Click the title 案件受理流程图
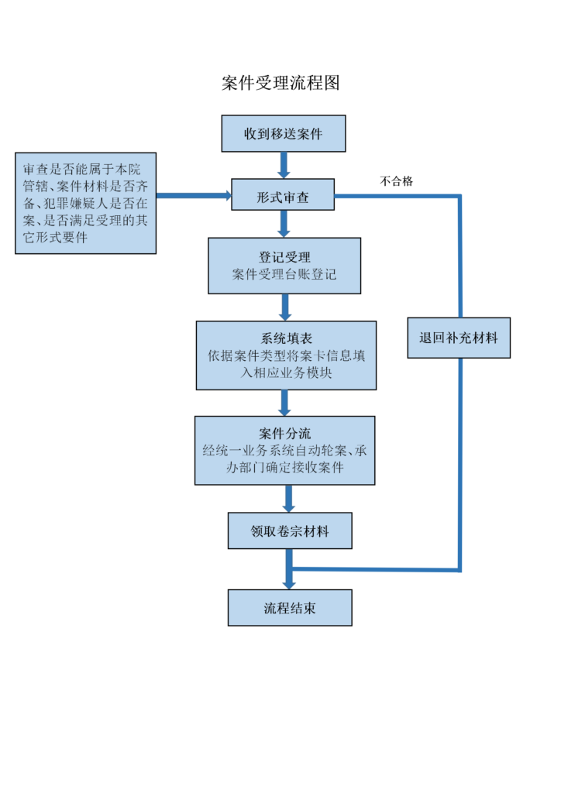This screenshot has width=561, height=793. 280,83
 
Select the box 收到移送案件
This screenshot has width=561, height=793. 284,133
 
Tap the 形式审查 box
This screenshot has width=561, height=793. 283,194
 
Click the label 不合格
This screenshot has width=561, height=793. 397,181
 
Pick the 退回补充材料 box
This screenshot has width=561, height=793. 459,338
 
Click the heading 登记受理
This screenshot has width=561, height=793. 285,257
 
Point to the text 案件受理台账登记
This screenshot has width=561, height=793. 284,274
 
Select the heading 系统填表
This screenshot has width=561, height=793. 287,338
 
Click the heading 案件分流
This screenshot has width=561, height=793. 285,434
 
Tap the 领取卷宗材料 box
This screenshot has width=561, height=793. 290,530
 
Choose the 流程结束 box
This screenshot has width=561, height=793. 290,608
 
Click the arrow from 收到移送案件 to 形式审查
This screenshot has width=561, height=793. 284,166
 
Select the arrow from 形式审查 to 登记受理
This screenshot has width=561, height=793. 284,224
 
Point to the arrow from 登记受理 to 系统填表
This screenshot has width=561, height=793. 285,307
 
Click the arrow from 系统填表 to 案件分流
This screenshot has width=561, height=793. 285,403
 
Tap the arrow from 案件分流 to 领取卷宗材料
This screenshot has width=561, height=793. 288,499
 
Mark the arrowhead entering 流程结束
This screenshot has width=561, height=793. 289,585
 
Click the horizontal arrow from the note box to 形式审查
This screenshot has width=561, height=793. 194,195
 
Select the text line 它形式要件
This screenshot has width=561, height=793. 55,237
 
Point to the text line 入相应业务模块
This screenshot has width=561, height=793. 287,372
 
